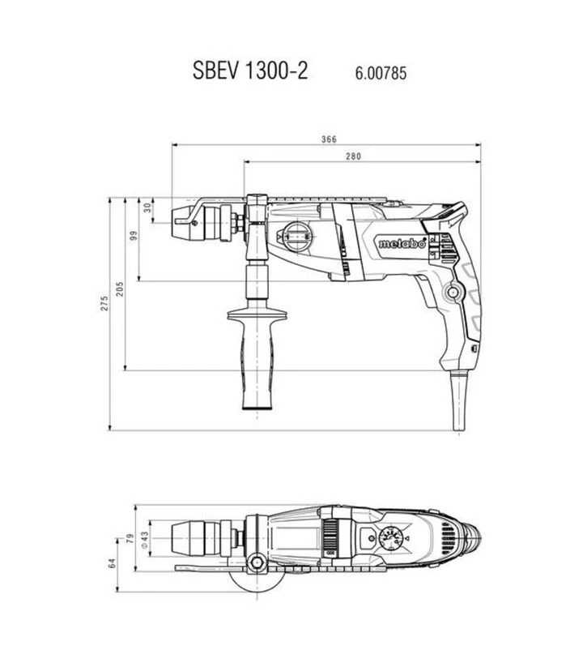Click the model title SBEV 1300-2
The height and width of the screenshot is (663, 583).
pyautogui.click(x=250, y=71)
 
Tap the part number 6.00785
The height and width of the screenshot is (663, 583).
pyautogui.click(x=381, y=73)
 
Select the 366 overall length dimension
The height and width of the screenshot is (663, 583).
pyautogui.click(x=329, y=139)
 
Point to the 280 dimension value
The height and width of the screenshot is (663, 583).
pyautogui.click(x=353, y=156)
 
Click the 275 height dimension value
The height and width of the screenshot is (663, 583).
pyautogui.click(x=104, y=304)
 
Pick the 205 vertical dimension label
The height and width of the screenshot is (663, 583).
pyautogui.click(x=120, y=289)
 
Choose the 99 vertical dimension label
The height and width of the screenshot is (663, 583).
pyautogui.click(x=134, y=236)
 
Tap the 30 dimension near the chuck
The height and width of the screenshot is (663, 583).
pyautogui.click(x=147, y=207)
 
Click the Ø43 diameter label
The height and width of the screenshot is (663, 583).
pyautogui.click(x=144, y=540)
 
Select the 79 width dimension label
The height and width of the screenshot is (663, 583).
pyautogui.click(x=130, y=538)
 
